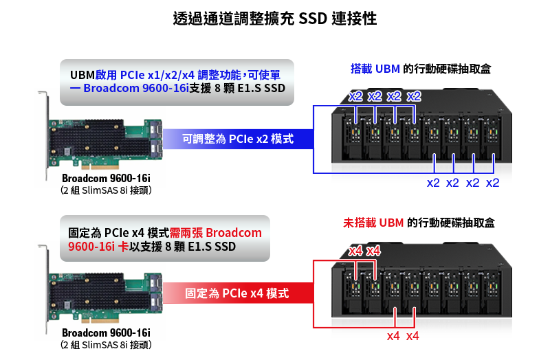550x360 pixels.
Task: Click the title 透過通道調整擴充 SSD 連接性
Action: [x=275, y=19]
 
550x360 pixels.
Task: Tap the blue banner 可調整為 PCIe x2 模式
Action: [x=238, y=139]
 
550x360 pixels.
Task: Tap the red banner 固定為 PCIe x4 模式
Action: [x=236, y=293]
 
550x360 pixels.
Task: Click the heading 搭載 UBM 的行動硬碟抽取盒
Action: [x=421, y=69]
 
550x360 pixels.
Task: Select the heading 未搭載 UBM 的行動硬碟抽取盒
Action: [x=419, y=223]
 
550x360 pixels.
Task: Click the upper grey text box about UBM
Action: [x=177, y=82]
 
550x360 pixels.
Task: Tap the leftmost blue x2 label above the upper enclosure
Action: [x=355, y=95]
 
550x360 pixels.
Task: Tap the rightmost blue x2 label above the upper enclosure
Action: [x=414, y=95]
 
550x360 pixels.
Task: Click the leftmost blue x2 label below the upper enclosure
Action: [x=433, y=183]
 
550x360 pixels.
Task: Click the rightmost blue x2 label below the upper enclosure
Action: [x=492, y=183]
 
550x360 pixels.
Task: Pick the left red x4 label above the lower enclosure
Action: [x=355, y=250]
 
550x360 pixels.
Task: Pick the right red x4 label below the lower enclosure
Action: [x=412, y=336]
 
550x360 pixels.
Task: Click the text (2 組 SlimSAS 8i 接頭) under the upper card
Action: [x=105, y=190]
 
